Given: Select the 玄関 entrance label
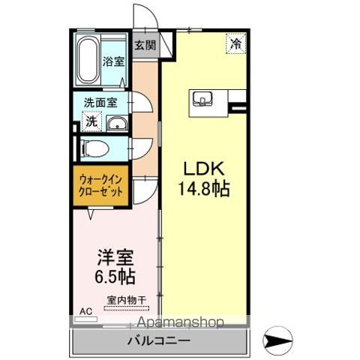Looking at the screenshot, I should (x=145, y=44).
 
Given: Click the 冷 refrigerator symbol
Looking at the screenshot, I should (x=235, y=43).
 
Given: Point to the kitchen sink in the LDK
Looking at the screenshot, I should (x=202, y=98).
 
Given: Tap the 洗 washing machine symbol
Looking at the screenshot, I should (x=90, y=121).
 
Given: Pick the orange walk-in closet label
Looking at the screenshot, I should (x=100, y=184).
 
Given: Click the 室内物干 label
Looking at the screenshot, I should (x=126, y=301).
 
